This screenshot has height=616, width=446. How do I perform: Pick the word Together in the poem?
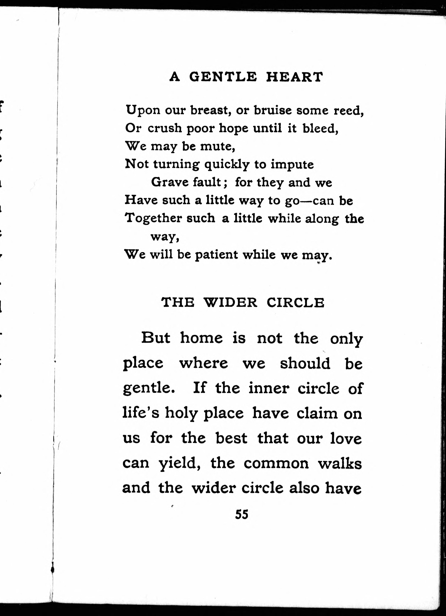(x=153, y=219)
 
